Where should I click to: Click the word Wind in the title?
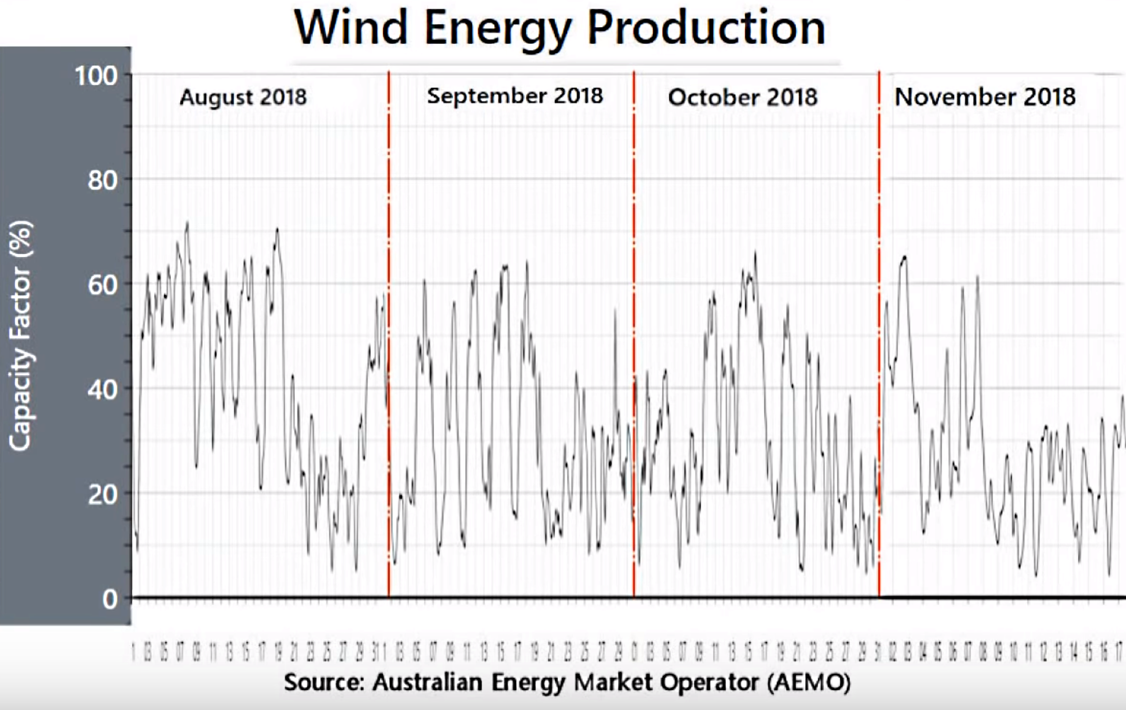[351, 28]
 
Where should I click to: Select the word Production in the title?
[706, 28]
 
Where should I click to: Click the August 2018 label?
[243, 97]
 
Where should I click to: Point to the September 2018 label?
[515, 96]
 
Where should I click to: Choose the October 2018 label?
[742, 97]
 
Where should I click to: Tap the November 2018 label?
[985, 97]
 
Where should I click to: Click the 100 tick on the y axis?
[96, 76]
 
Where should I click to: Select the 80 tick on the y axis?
[102, 180]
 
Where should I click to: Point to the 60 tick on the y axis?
[102, 285]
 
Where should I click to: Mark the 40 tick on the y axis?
[102, 389]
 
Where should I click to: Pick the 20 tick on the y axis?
[102, 494]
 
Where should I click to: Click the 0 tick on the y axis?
[110, 599]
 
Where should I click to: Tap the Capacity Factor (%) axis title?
[20, 336]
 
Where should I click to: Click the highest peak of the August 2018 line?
[187, 223]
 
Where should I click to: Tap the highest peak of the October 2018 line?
[755, 252]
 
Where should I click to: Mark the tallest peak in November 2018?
[904, 257]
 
